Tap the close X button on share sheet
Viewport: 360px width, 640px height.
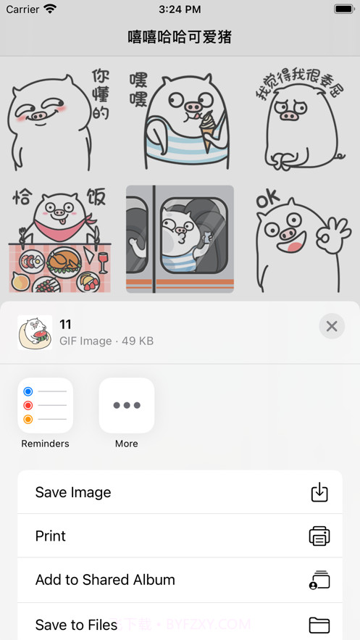pos(332,326)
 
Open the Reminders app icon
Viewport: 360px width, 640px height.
pos(45,405)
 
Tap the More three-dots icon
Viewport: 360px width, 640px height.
pos(127,405)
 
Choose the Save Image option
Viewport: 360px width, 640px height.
pos(180,492)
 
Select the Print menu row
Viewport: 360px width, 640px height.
pos(180,536)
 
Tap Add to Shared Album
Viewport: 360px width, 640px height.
pos(180,580)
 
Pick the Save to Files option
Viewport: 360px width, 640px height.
pos(180,623)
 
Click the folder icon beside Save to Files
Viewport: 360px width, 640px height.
pos(319,624)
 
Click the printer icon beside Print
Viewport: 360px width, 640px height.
pos(319,536)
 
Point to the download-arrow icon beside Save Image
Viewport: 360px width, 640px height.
pos(319,492)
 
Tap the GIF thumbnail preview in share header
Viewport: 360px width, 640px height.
pos(35,333)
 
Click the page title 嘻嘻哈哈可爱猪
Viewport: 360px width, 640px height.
pos(180,37)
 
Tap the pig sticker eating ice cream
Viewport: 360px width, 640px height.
pos(180,116)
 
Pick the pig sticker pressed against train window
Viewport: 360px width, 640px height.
pos(180,239)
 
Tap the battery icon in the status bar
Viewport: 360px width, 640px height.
pos(343,9)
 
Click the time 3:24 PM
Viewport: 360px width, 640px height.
pos(180,9)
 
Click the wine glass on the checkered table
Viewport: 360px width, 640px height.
pos(102,260)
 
